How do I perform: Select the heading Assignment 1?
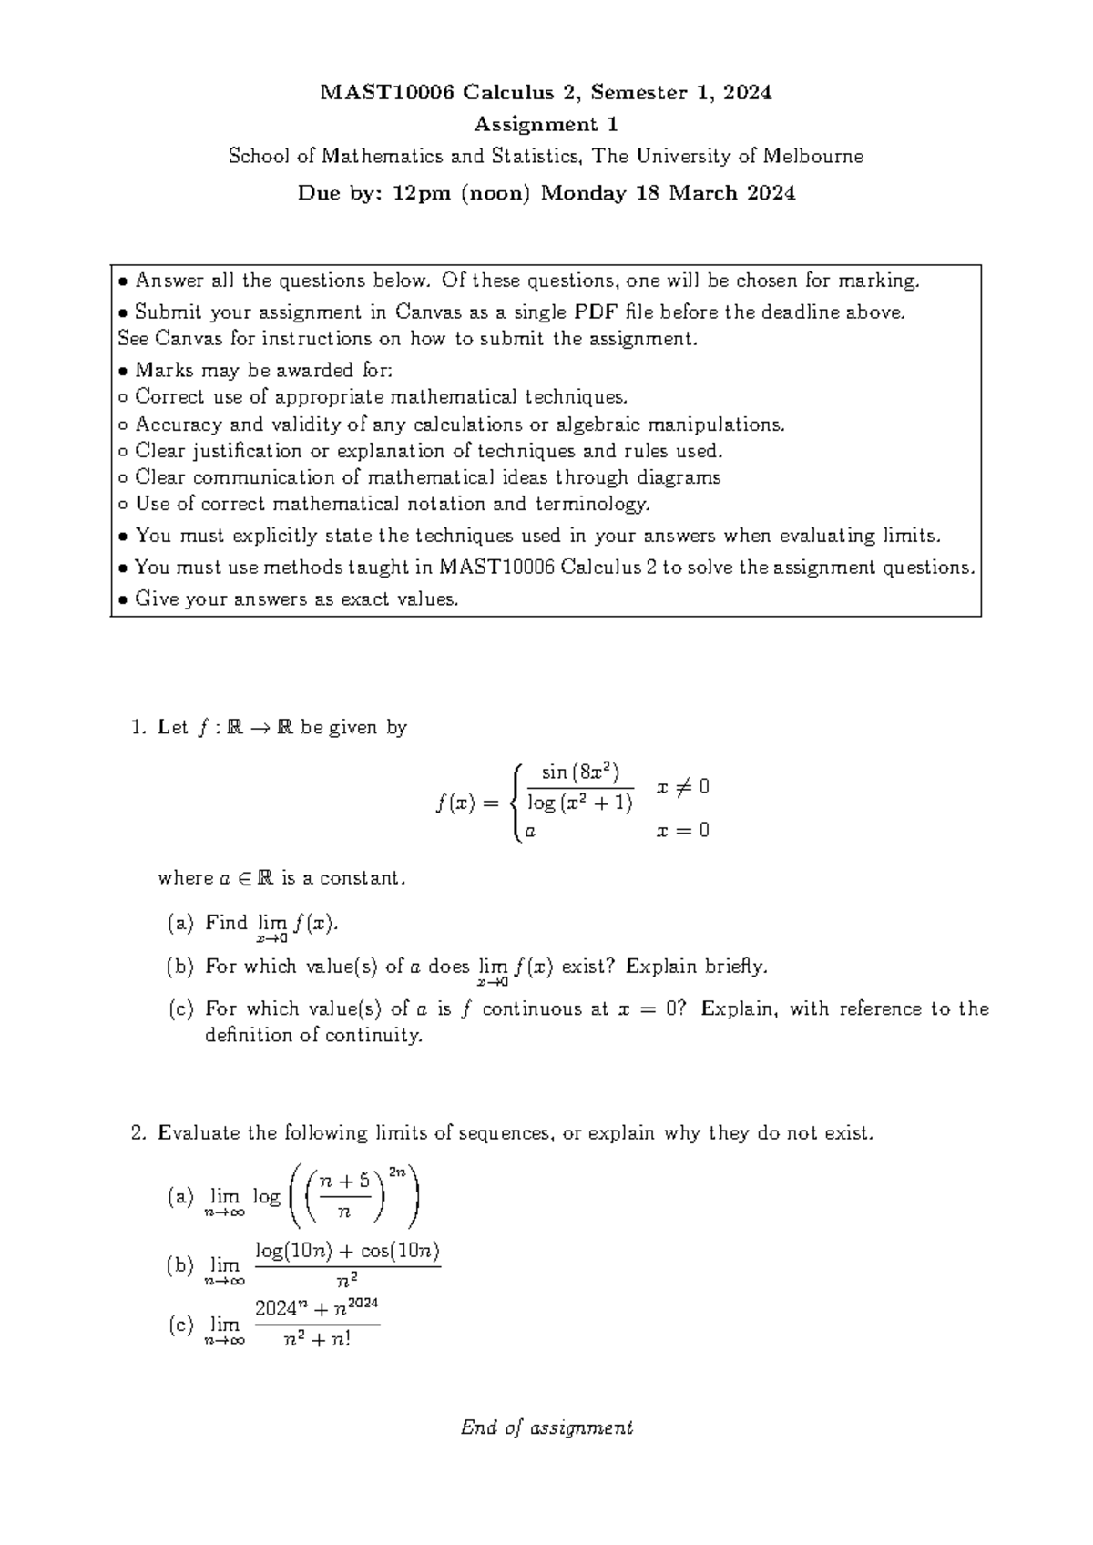point(546,124)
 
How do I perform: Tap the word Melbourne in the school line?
point(812,156)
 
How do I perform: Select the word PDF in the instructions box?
point(598,312)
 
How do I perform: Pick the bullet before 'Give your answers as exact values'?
point(125,599)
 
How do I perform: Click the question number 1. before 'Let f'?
point(138,727)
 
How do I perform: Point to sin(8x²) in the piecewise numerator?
point(580,773)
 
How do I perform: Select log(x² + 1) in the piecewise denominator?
point(579,803)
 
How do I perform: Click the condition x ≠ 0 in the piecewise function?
point(682,786)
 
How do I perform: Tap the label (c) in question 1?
point(181,1008)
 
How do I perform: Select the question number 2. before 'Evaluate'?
point(138,1133)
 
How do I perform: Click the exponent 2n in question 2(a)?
point(397,1172)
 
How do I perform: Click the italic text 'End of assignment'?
point(546,1427)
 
